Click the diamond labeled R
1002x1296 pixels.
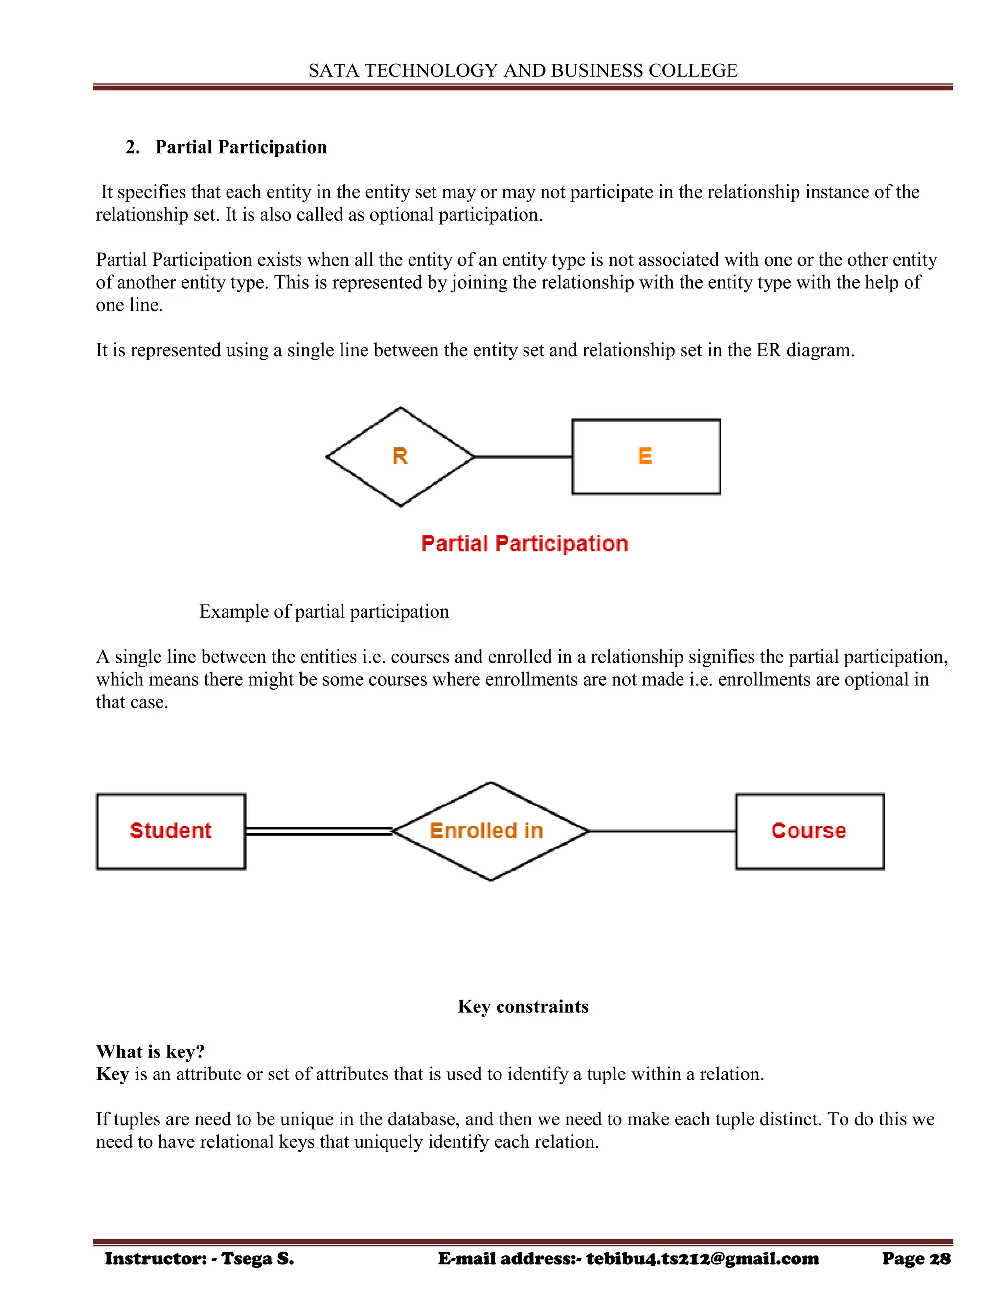[400, 456]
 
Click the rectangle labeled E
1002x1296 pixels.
[646, 456]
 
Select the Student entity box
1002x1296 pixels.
[171, 831]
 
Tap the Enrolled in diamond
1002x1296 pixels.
[490, 831]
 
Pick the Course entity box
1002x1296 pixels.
[809, 831]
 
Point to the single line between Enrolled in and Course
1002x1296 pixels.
[662, 831]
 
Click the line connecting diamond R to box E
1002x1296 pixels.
[523, 457]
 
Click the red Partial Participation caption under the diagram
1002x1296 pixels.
[524, 543]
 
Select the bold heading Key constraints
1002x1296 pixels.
[523, 1006]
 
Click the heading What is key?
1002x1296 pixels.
[150, 1051]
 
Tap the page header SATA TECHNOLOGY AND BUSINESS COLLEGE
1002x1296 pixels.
[523, 70]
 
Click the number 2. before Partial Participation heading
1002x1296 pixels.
[133, 147]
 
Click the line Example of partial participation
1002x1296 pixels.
[324, 612]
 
